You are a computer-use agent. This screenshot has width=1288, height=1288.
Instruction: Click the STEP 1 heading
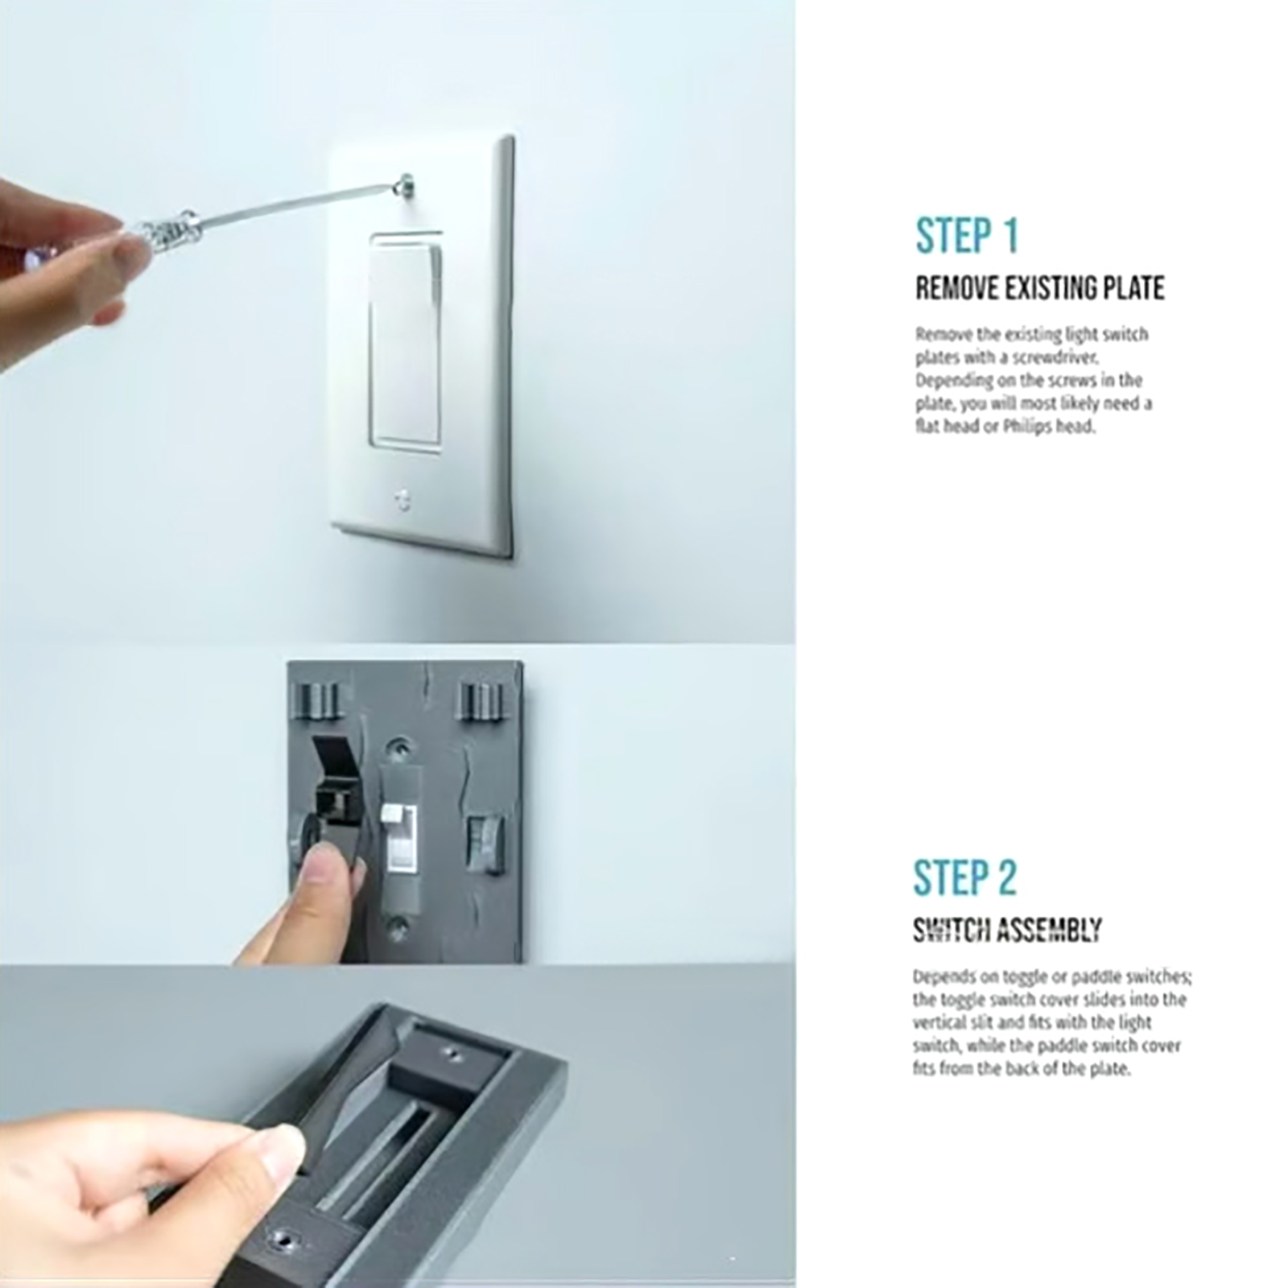click(967, 235)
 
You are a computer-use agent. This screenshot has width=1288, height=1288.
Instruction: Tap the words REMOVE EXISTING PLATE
click(1039, 288)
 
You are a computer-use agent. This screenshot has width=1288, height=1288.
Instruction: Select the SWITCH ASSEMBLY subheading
click(1007, 931)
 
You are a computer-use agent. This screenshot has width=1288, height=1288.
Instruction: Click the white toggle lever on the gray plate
click(394, 817)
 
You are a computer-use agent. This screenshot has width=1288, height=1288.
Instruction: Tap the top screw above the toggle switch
click(395, 749)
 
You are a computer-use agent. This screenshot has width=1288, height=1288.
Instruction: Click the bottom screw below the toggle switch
click(398, 927)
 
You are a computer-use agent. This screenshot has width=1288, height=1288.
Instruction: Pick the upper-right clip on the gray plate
click(481, 701)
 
